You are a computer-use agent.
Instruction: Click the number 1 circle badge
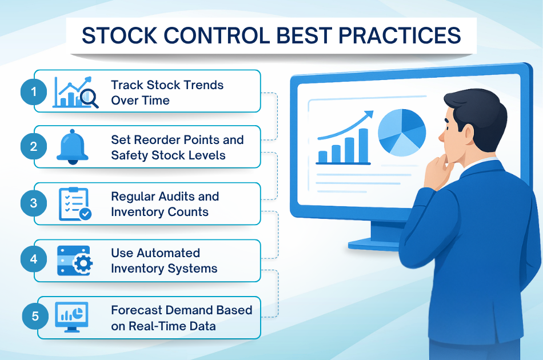(x=34, y=92)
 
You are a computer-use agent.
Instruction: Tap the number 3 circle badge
(x=34, y=203)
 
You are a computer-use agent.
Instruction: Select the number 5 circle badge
(x=35, y=316)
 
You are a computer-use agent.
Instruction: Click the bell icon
(x=73, y=147)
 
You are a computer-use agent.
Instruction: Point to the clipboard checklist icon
(x=75, y=204)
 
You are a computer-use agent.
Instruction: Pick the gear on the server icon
(x=83, y=264)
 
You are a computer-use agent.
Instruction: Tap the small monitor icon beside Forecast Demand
(x=71, y=317)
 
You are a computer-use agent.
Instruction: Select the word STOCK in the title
(x=119, y=35)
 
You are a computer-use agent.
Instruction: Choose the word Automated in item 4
(x=168, y=253)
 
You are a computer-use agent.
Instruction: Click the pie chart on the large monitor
(x=402, y=133)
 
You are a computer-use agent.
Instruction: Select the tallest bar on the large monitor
(x=364, y=146)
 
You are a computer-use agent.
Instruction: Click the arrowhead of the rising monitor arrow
(x=369, y=115)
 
